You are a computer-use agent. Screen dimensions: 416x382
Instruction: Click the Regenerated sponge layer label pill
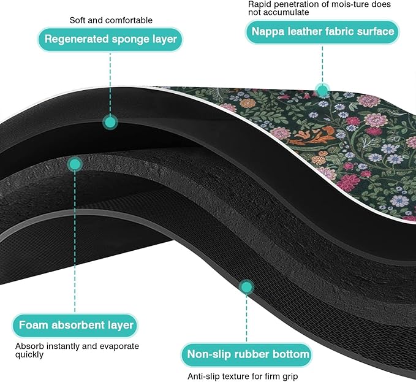point(110,39)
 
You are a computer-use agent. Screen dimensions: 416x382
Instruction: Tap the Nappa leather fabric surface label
point(322,32)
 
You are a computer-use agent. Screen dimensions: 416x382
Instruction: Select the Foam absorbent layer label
point(75,325)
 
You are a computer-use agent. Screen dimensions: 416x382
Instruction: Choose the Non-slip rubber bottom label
point(247,354)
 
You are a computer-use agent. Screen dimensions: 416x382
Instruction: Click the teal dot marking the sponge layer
point(110,123)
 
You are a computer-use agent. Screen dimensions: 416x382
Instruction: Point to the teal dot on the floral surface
point(322,91)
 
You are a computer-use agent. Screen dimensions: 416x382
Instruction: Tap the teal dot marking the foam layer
point(75,164)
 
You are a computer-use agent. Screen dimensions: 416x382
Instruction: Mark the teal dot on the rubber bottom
point(246,287)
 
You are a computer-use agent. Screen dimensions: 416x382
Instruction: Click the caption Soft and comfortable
point(111,20)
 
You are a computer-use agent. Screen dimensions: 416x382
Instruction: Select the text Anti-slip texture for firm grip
point(243,376)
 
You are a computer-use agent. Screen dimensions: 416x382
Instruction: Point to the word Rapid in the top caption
point(259,4)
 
